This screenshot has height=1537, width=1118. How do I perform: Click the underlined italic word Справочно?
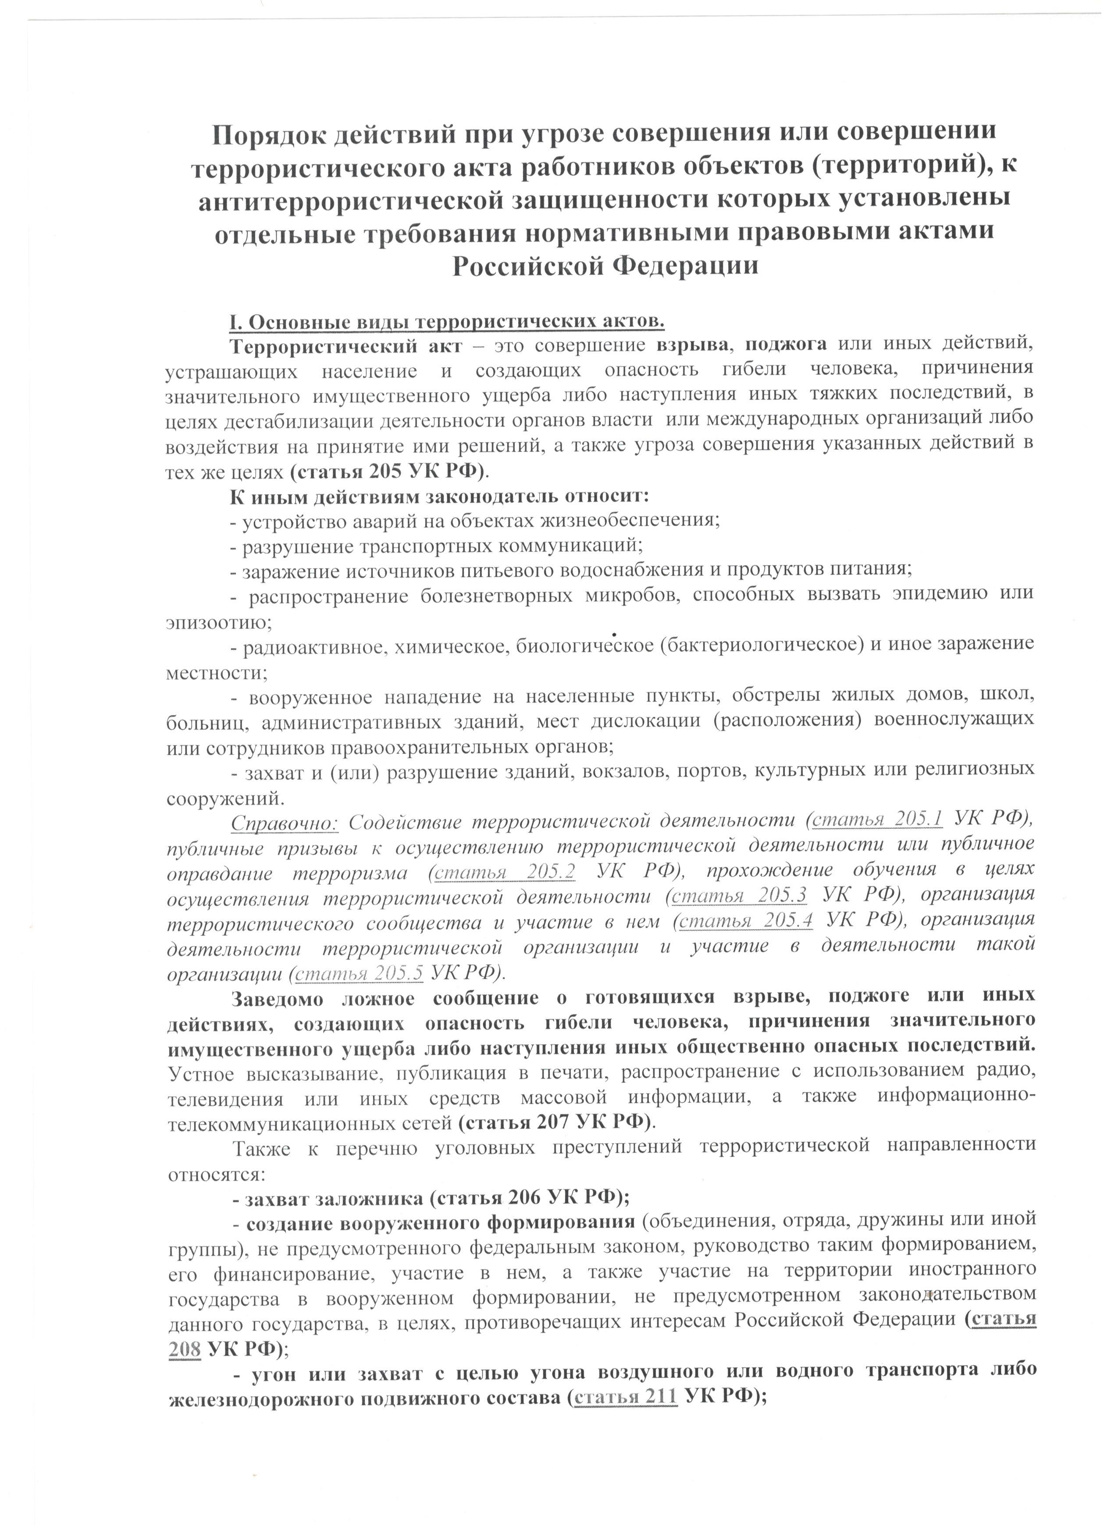click(284, 823)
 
